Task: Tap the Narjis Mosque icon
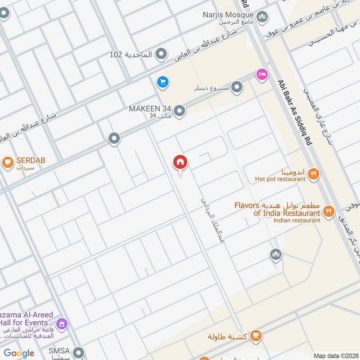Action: (262, 17)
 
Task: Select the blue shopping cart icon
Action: (162, 82)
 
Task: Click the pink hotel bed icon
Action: (261, 74)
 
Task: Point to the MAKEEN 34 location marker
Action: (180, 111)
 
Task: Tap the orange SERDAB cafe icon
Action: (7, 161)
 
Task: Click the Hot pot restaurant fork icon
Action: (314, 174)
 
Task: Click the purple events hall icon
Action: (62, 324)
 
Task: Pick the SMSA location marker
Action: (79, 352)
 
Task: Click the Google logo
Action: (19, 353)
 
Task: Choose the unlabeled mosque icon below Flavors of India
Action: (276, 255)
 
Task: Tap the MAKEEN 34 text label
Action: (150, 108)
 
